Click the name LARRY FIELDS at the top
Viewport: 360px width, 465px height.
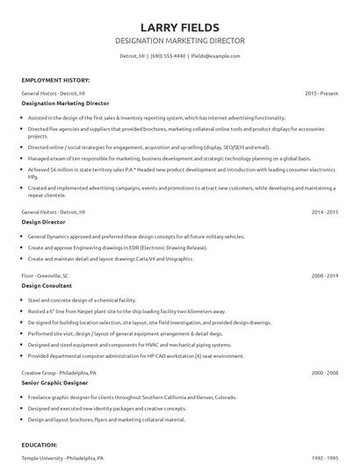(x=180, y=27)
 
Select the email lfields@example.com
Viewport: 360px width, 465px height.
(x=217, y=55)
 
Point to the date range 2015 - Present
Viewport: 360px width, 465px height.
(x=321, y=92)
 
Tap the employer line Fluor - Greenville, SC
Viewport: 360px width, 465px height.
(x=48, y=275)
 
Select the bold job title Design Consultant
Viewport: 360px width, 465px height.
(x=45, y=286)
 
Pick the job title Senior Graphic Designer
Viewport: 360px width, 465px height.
(x=54, y=383)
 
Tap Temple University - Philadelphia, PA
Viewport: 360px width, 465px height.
(x=62, y=458)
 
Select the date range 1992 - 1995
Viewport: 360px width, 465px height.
(x=325, y=458)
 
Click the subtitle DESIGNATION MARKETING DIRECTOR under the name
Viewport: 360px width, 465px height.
(x=180, y=41)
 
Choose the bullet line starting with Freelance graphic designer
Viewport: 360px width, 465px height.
(x=114, y=397)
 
